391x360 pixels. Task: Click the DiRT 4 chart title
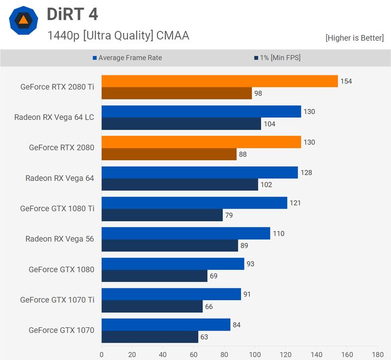(x=72, y=14)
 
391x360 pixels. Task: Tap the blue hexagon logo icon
(x=23, y=21)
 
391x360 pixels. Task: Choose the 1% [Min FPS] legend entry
(x=276, y=58)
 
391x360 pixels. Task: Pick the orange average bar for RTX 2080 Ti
(x=219, y=81)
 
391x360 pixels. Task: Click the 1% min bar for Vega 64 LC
(x=181, y=124)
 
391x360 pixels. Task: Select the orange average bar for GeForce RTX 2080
(x=201, y=142)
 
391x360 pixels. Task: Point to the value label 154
(x=346, y=81)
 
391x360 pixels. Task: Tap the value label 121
(x=295, y=203)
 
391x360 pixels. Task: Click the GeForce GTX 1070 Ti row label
(x=57, y=300)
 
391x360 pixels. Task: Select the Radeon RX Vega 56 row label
(x=60, y=239)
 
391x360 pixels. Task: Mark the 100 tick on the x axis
(x=255, y=354)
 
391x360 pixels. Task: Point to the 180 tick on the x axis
(x=377, y=354)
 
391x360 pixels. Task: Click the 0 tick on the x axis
(x=102, y=354)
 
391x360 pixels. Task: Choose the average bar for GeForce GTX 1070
(x=166, y=325)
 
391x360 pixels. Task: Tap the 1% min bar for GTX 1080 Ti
(x=162, y=215)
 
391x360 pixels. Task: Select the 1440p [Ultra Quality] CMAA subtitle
(x=118, y=36)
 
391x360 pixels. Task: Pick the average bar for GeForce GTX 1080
(x=173, y=264)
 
